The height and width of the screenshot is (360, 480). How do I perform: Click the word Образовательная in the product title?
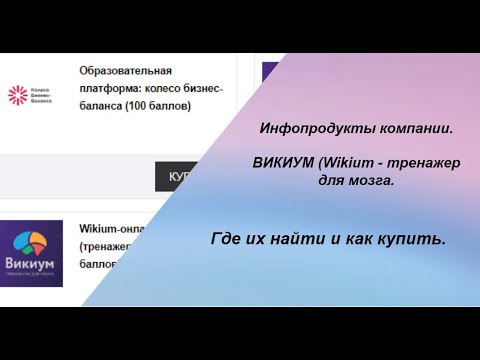[125, 71]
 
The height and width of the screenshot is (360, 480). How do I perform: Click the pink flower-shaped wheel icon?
[18, 96]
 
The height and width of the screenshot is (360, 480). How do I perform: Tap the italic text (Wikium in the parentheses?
[344, 163]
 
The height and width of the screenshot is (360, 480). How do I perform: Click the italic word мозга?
[371, 181]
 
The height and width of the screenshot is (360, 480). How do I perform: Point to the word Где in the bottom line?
[227, 240]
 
